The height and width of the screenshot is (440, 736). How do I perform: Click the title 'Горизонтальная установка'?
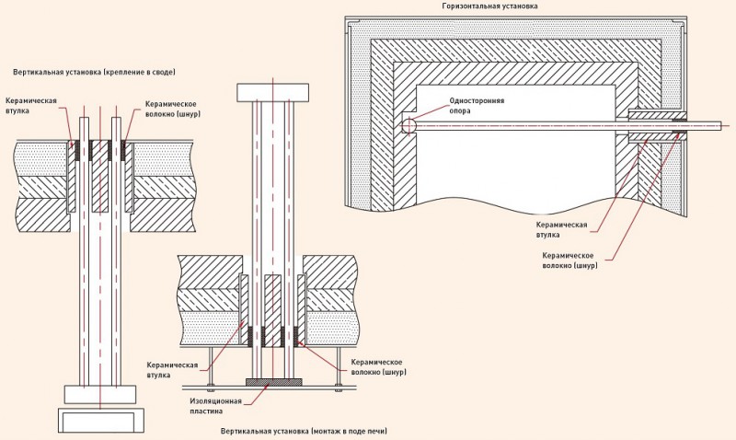[489, 6]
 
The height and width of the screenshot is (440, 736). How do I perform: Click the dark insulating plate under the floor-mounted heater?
[272, 379]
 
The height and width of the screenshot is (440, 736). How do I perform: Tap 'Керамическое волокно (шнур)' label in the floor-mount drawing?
[379, 368]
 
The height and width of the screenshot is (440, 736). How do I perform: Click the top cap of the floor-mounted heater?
[272, 92]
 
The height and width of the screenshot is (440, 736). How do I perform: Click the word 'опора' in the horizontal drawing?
[461, 110]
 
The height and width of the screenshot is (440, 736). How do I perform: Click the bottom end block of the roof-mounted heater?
[98, 394]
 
